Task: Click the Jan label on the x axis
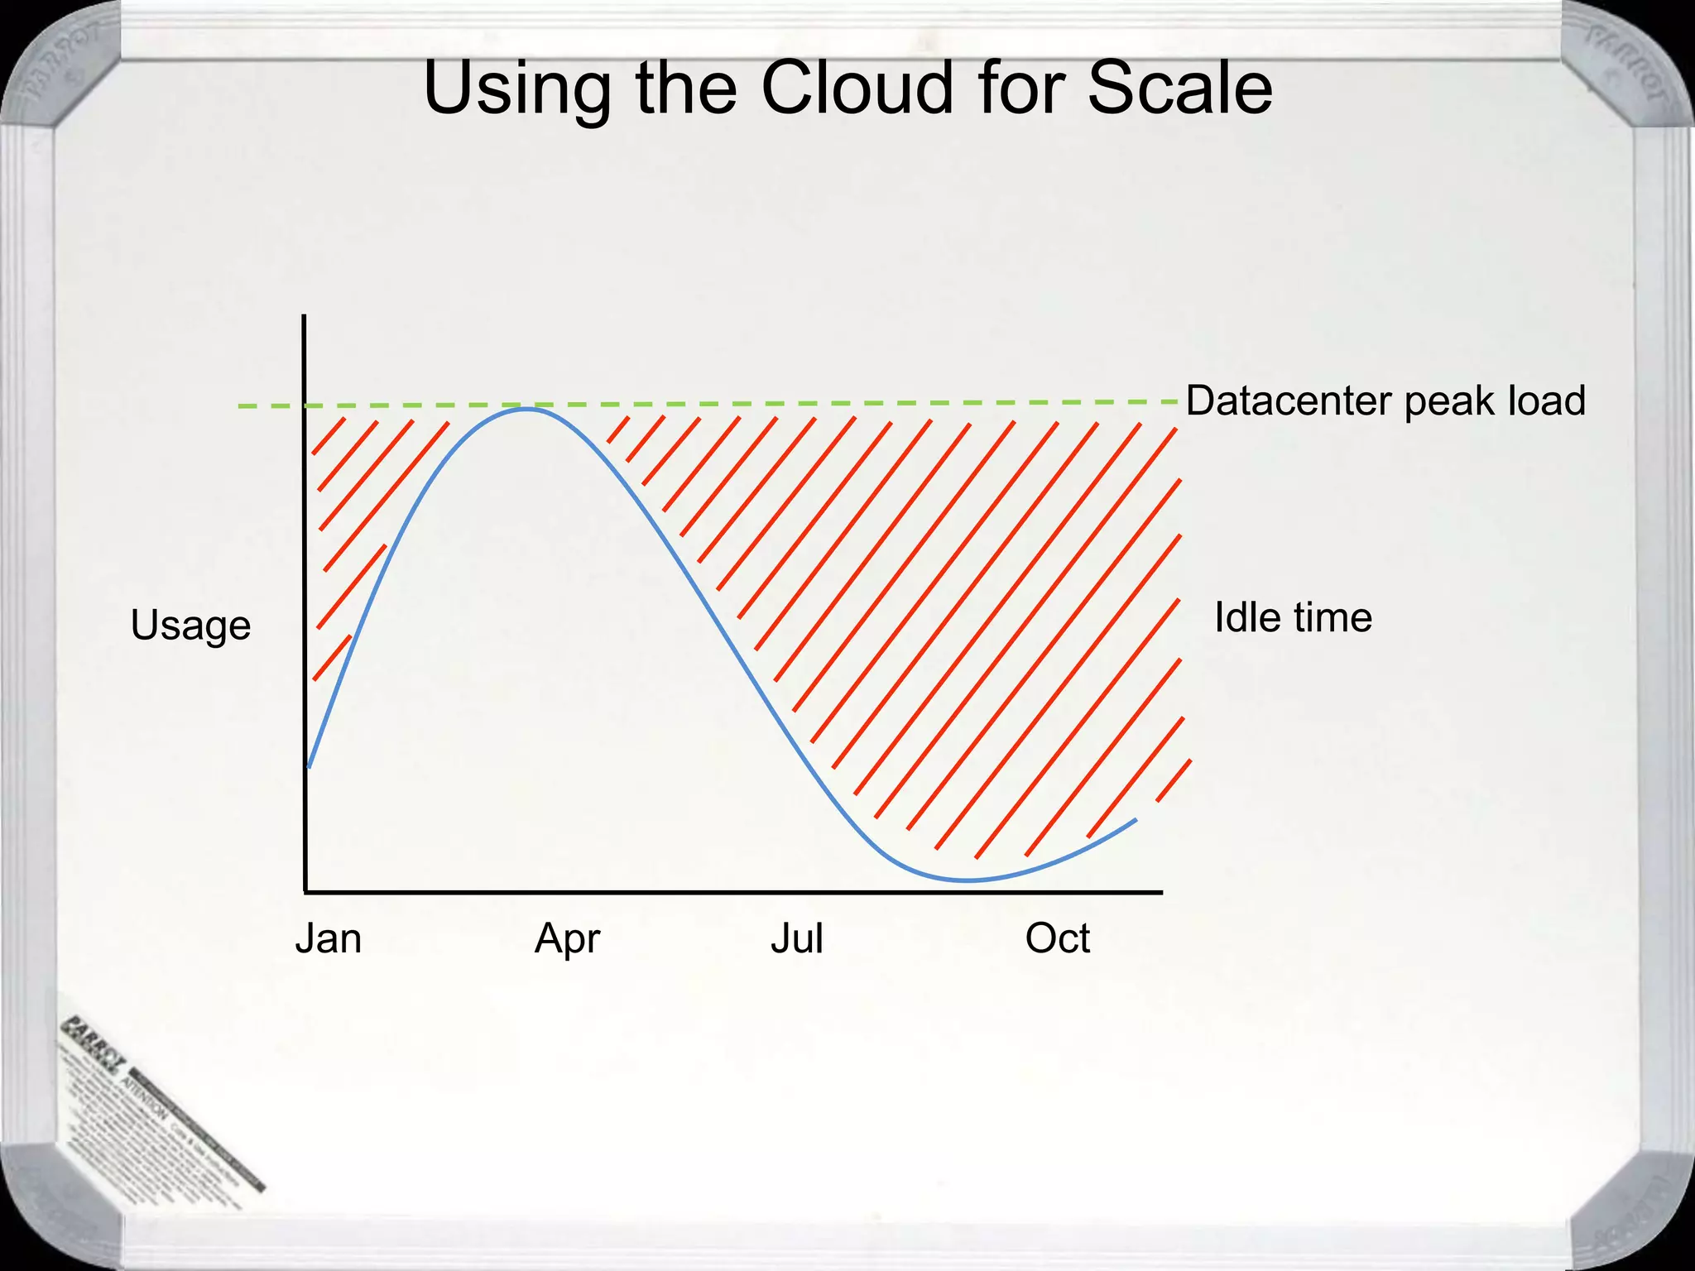point(329,939)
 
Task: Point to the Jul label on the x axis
point(797,939)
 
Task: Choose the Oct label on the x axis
point(1057,939)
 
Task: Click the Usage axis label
point(190,626)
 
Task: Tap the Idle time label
point(1293,617)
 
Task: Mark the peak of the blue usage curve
point(526,409)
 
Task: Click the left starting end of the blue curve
point(309,767)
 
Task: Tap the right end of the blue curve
point(1136,819)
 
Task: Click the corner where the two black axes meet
point(305,892)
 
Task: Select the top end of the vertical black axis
point(305,316)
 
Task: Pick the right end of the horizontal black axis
point(1161,892)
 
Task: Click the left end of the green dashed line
point(240,406)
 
